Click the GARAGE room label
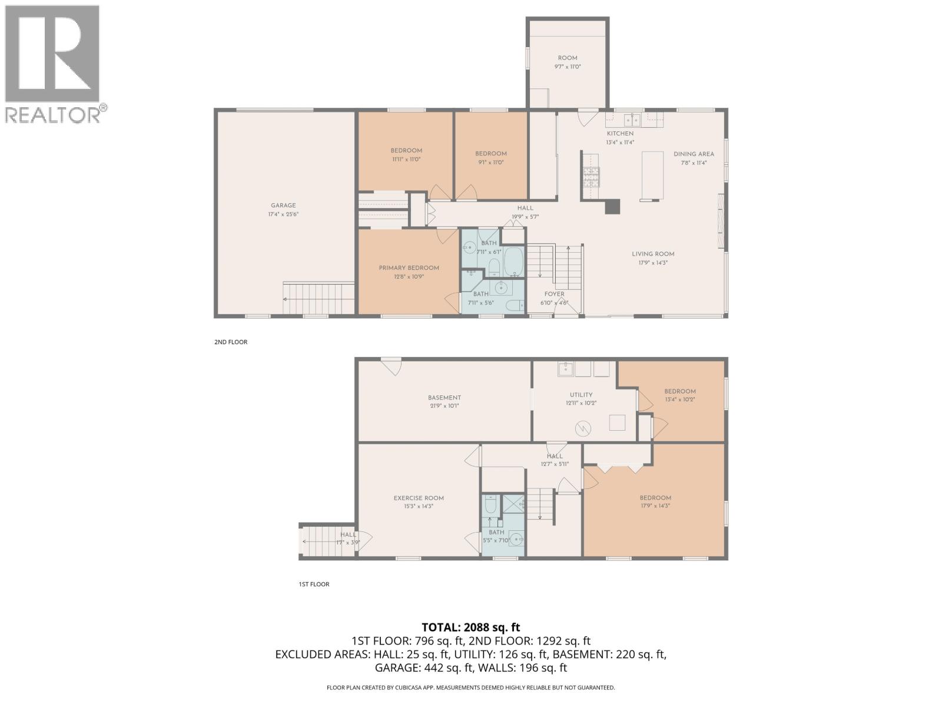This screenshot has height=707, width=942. pos(283,206)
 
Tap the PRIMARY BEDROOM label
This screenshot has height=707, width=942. pos(409,268)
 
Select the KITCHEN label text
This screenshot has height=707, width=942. pos(620,134)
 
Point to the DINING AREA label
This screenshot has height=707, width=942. pos(694,154)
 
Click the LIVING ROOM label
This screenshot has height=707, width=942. pos(653,254)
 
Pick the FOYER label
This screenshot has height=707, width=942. pos(554,294)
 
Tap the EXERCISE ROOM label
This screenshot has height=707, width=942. pos(419,498)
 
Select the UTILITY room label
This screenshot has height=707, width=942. pos(581,395)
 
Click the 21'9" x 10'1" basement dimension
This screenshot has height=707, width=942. pos(444,405)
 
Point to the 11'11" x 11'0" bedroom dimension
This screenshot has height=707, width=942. pos(406,159)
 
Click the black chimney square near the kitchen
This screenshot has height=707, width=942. pos(613,206)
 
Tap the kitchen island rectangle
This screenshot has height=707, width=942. pos(652,175)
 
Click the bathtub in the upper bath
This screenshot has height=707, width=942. pos(513,262)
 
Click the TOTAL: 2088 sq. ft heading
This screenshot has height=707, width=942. pos(470,627)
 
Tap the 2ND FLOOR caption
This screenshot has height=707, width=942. pos(230,342)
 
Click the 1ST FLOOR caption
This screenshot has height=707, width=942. pos(314,584)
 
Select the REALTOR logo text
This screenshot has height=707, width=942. pos(53,114)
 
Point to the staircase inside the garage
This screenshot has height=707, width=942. pos(318,298)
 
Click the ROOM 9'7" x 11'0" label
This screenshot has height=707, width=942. pos(568,62)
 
